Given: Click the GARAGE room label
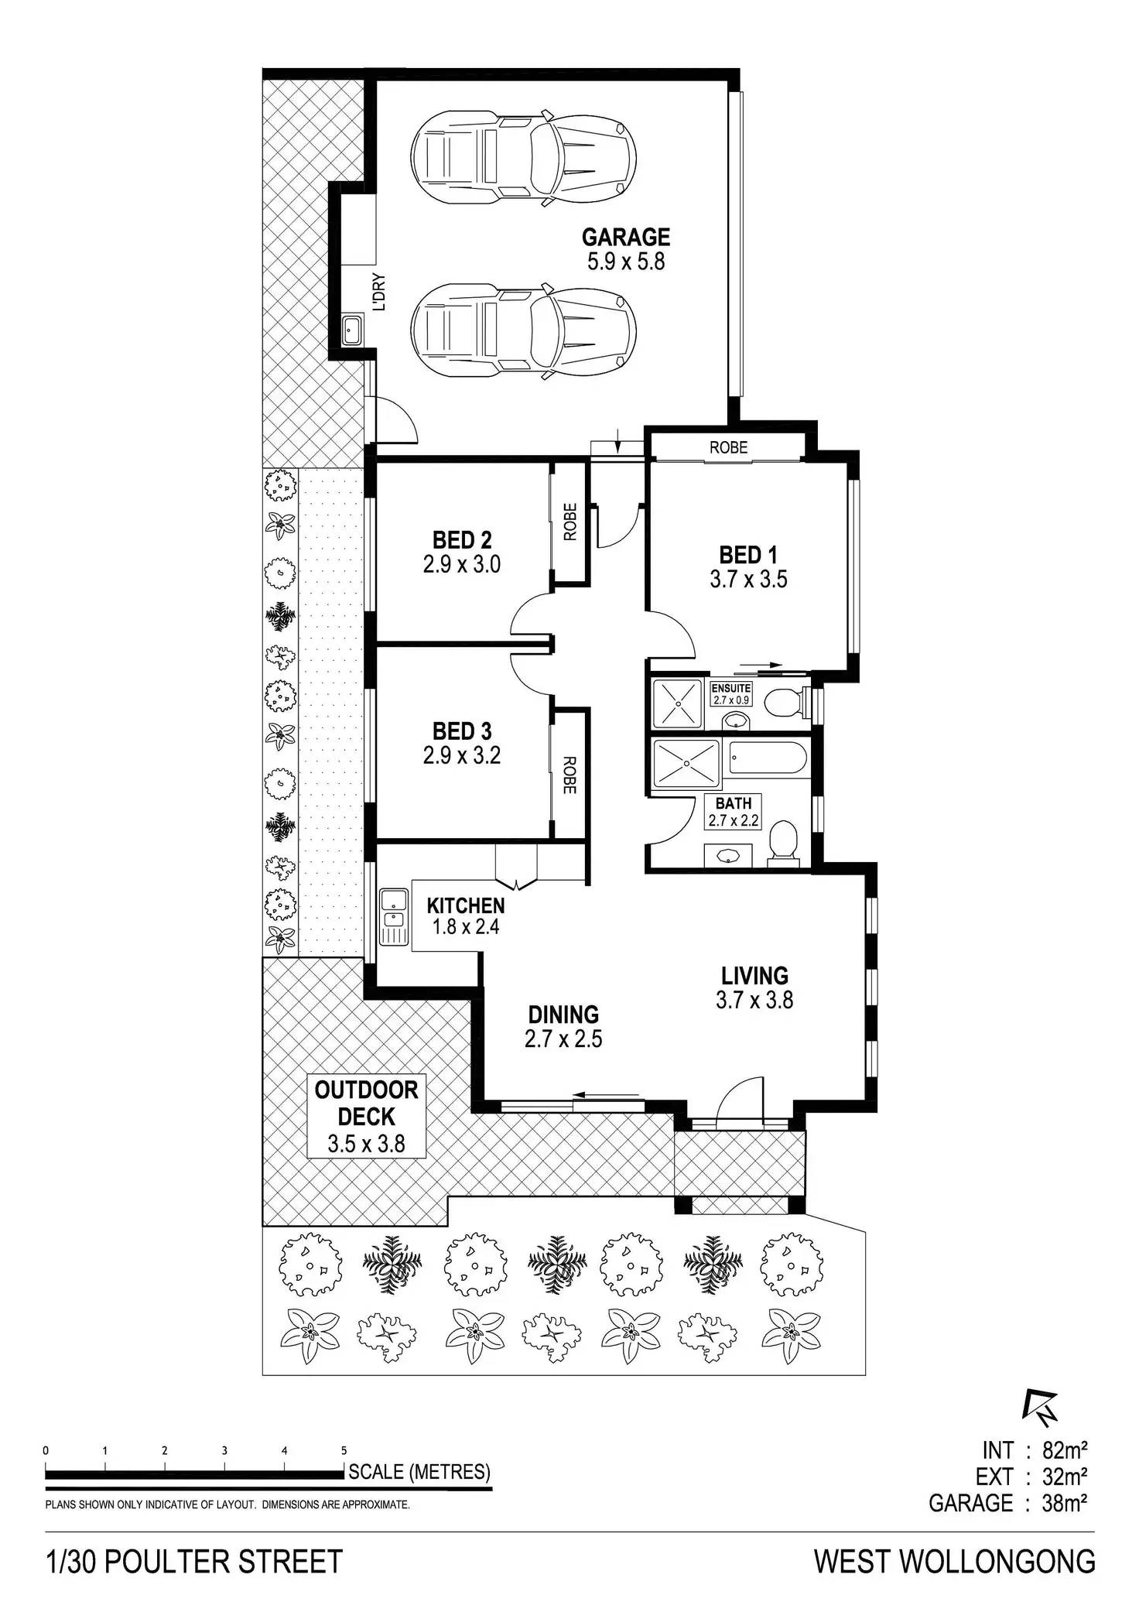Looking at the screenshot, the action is [x=626, y=237].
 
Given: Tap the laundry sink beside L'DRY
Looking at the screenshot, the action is [x=353, y=330].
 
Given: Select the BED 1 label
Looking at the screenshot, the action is [x=748, y=555].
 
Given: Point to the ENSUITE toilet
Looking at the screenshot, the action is [x=781, y=701].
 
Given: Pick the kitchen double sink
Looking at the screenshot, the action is [x=394, y=917].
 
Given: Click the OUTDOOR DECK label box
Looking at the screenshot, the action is [x=367, y=1116].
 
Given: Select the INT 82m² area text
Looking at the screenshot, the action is [x=1035, y=1449].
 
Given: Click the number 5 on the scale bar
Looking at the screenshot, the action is [x=344, y=1450].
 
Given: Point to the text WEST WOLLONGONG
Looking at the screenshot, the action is [x=954, y=1562].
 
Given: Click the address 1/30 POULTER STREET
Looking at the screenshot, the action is [x=194, y=1562].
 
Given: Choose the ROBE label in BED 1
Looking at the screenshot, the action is [x=728, y=447].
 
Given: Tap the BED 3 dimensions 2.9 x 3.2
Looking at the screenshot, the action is [x=462, y=755].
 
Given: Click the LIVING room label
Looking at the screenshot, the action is [x=754, y=975].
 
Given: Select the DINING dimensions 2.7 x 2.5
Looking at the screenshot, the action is [x=563, y=1039].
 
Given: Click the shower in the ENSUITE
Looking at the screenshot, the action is [x=677, y=703].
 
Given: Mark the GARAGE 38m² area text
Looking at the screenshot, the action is [x=1008, y=1503].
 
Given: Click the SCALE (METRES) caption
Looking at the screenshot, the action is [x=419, y=1471].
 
